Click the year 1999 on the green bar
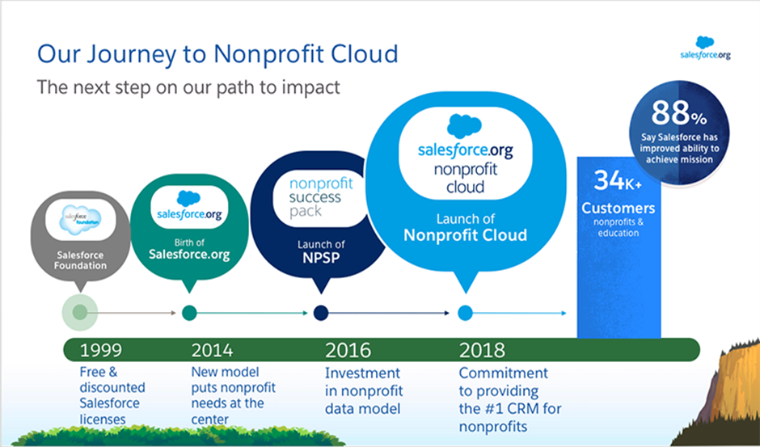101,350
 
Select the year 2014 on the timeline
212,350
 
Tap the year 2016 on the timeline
348,350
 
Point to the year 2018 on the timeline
482,350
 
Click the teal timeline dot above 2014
189,313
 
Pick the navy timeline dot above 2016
321,313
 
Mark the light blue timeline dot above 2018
466,313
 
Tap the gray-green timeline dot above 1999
80,313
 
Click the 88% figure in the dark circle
679,113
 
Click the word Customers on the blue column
618,208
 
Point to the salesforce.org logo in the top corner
705,48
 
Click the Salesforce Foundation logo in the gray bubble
81,220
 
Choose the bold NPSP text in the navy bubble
321,257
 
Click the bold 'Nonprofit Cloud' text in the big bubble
466,235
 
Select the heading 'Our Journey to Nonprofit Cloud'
217,54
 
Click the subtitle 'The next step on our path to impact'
188,88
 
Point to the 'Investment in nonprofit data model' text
364,390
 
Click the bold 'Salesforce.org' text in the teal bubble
189,255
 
